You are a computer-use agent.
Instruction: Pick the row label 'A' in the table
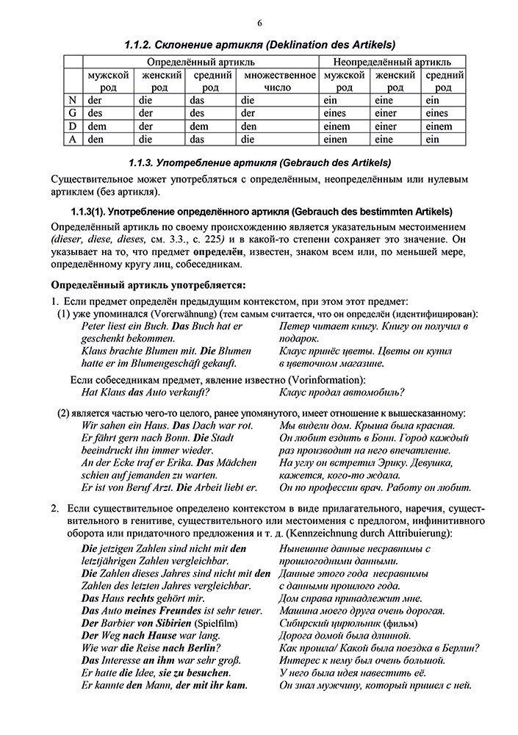pos(71,138)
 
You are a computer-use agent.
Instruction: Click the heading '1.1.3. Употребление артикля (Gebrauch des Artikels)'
pos(259,161)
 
